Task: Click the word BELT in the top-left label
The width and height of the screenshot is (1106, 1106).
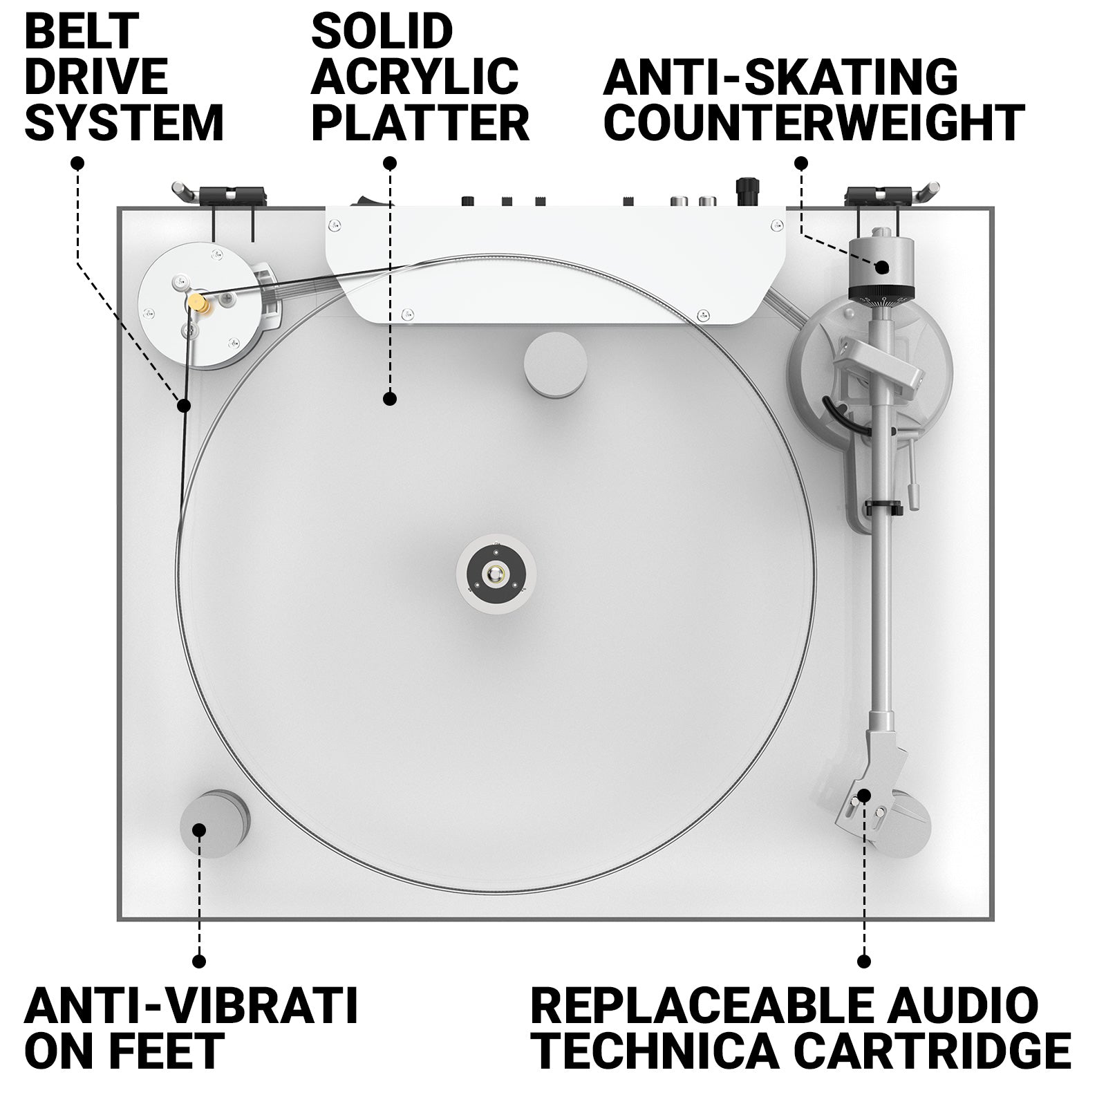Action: pos(82,31)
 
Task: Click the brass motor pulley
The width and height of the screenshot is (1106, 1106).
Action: pos(200,302)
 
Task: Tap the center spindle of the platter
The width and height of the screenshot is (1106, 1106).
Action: pos(496,574)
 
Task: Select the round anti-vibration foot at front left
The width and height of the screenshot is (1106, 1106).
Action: pos(214,824)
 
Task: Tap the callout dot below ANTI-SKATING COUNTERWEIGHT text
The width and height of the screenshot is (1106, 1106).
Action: pos(801,163)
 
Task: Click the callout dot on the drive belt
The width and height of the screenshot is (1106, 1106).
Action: pos(183,405)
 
